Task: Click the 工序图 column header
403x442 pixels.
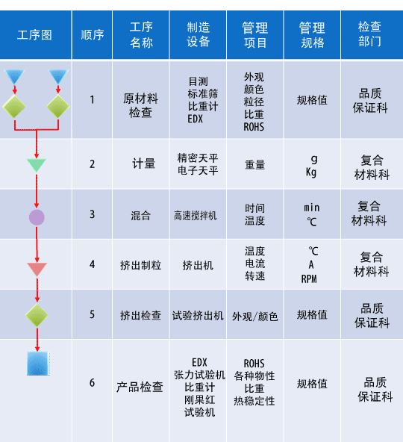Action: [34, 35]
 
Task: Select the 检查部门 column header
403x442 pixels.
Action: [369, 34]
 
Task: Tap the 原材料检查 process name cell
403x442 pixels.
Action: [140, 106]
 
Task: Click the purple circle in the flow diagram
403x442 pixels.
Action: [37, 217]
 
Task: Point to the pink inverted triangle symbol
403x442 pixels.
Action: [37, 269]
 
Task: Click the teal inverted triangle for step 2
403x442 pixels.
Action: [37, 165]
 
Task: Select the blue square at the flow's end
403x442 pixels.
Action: [38, 364]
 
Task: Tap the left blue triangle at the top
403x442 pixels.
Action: [14, 76]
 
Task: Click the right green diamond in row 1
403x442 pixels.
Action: [58, 106]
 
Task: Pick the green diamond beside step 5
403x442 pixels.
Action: [37, 315]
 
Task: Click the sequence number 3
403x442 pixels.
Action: [92, 214]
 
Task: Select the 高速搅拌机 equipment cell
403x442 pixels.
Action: [196, 216]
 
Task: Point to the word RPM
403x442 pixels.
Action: [309, 278]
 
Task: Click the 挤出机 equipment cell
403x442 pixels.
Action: [198, 265]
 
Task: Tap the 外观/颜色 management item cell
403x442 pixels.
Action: [255, 317]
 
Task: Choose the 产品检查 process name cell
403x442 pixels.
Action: [140, 387]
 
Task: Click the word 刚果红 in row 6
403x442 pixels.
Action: [199, 399]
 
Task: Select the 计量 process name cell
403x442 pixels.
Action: [144, 164]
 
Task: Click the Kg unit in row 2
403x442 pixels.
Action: [311, 172]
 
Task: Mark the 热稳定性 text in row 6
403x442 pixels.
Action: [254, 401]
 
